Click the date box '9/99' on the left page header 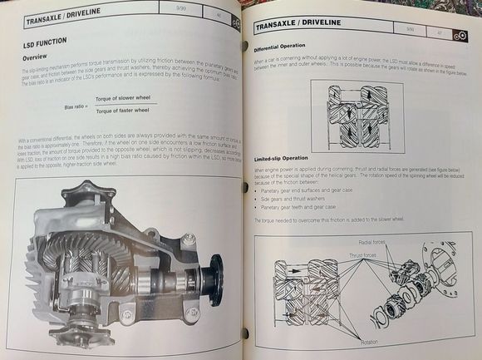173,11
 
